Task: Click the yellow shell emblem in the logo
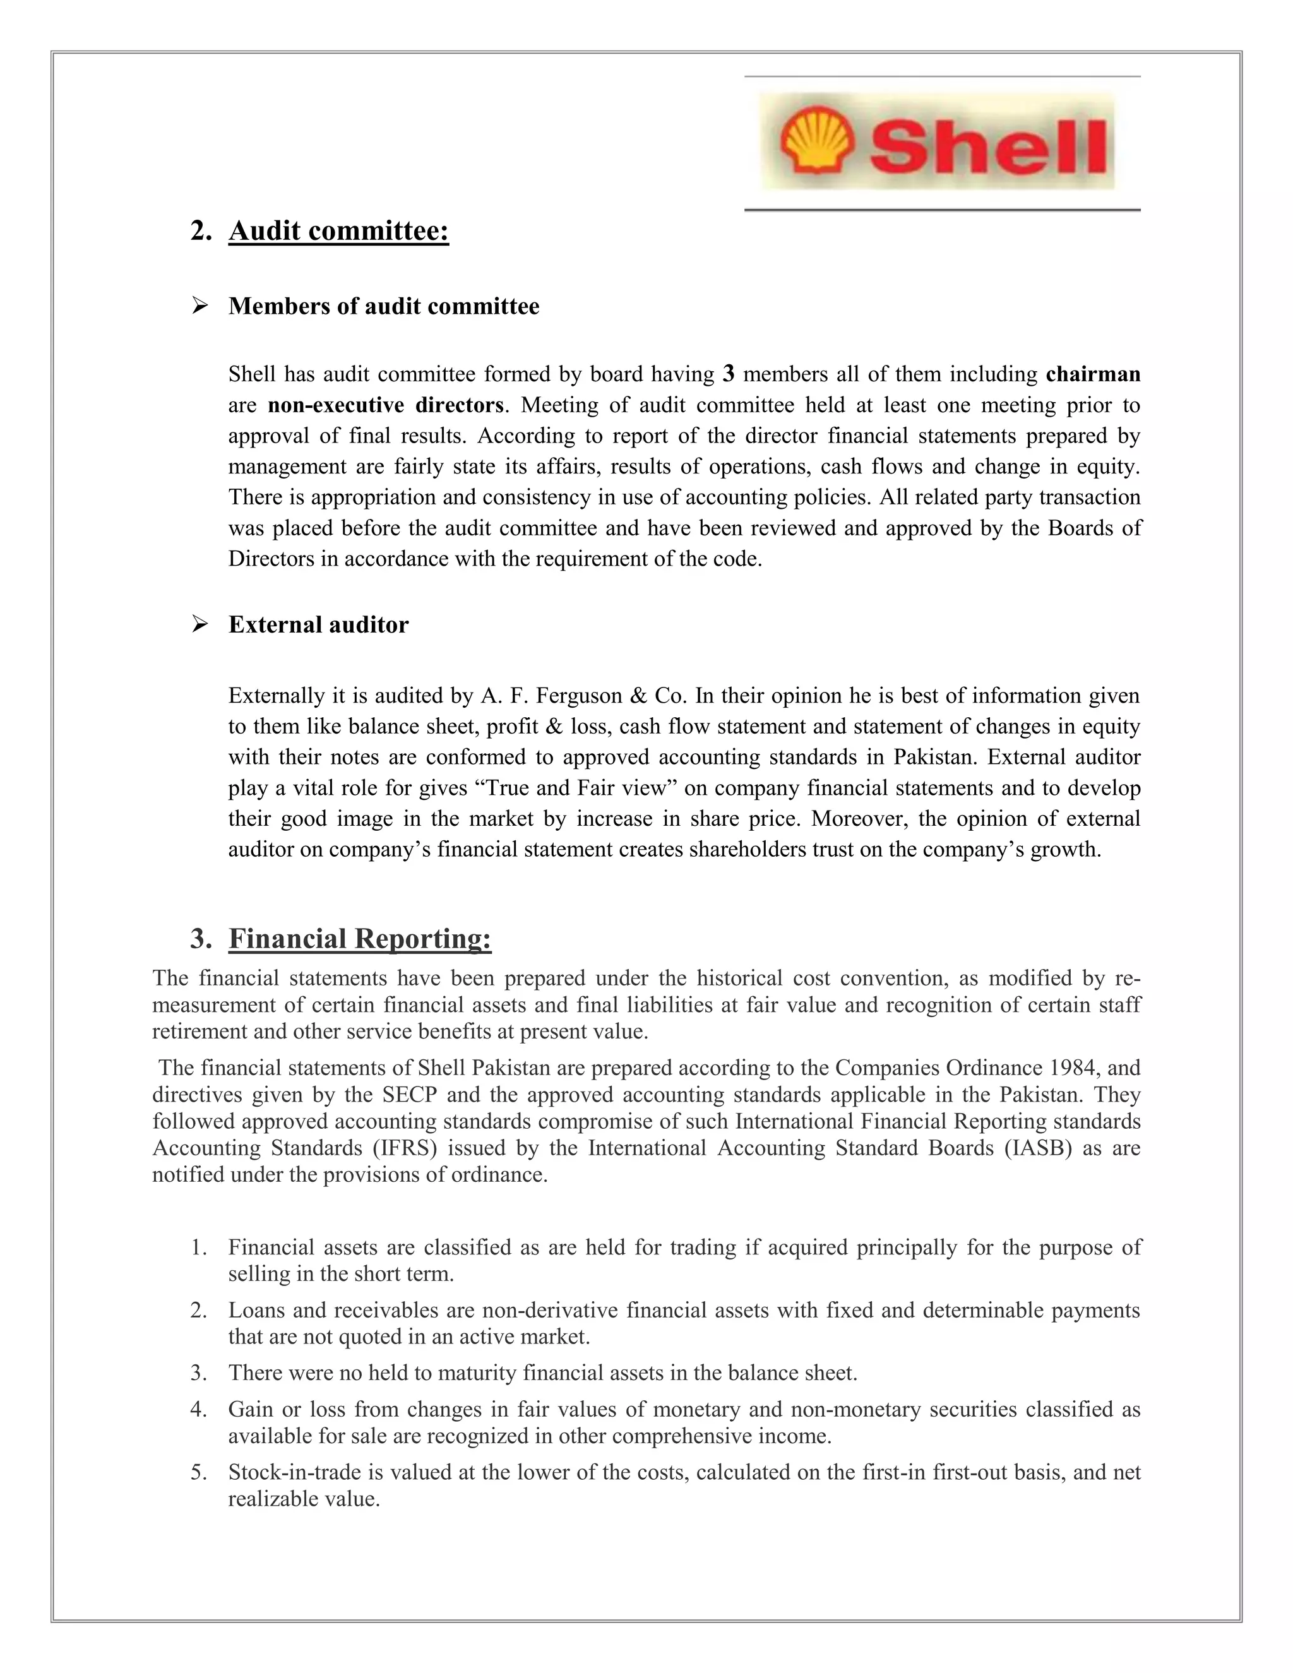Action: (816, 141)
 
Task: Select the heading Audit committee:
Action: (338, 230)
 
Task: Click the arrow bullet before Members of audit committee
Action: (200, 306)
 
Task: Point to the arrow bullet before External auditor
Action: (200, 625)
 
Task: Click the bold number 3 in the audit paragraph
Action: (729, 374)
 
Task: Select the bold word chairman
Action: (1092, 374)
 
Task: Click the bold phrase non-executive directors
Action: (386, 405)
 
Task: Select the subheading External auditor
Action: (318, 625)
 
